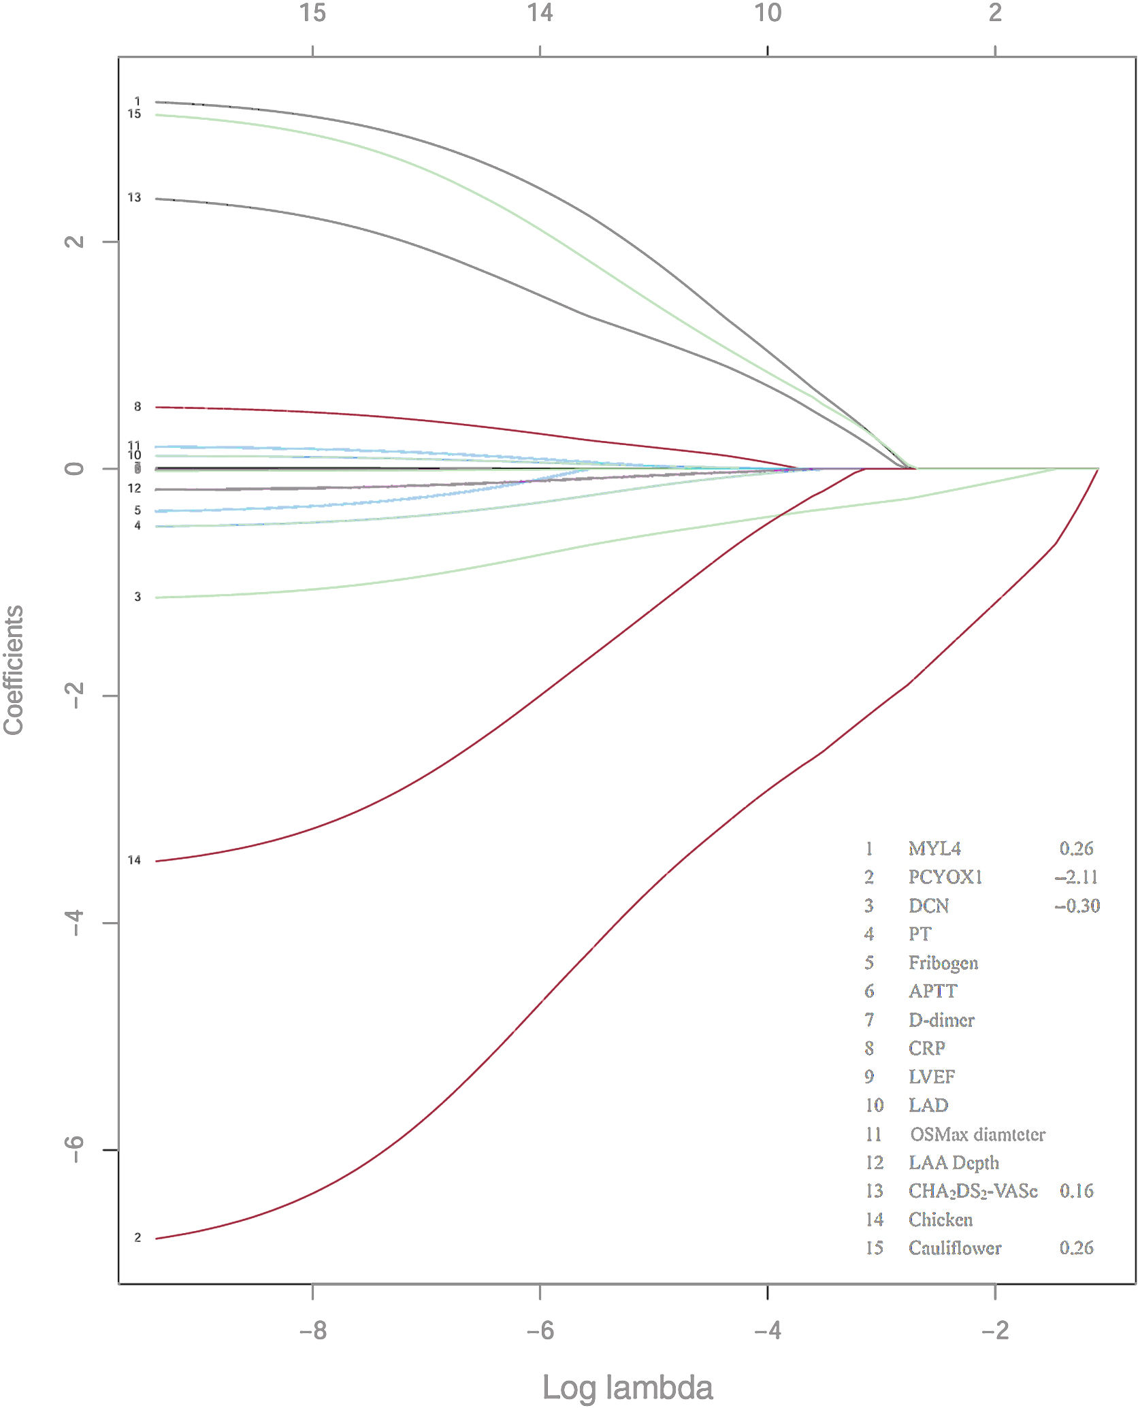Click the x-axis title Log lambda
pos(627,1387)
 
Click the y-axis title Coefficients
pos(14,670)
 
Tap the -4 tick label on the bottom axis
pos(767,1329)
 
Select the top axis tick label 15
pos(312,12)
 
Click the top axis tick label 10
pos(767,12)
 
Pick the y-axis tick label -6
pos(74,1150)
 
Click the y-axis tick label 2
pos(74,241)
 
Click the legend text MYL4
pos(934,849)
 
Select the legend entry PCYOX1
pos(945,877)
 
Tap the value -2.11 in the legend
pos(1076,877)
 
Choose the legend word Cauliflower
pos(954,1248)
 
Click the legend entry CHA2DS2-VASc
pos(973,1191)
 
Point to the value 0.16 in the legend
pos(1076,1191)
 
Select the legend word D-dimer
pos(941,1020)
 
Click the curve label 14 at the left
pos(134,860)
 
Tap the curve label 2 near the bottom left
pos(137,1237)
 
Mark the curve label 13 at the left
pos(134,197)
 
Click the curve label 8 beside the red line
pos(137,406)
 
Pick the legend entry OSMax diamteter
pos(977,1134)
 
